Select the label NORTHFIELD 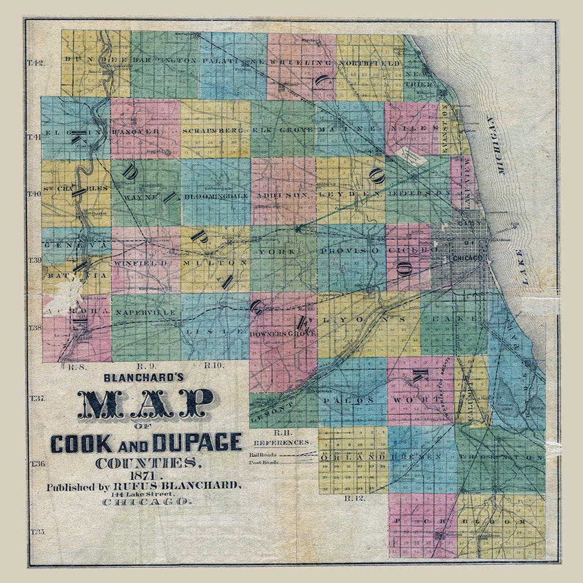tap(370, 64)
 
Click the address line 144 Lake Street tap(143, 493)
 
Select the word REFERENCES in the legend tap(282, 442)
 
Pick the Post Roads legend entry tap(263, 463)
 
